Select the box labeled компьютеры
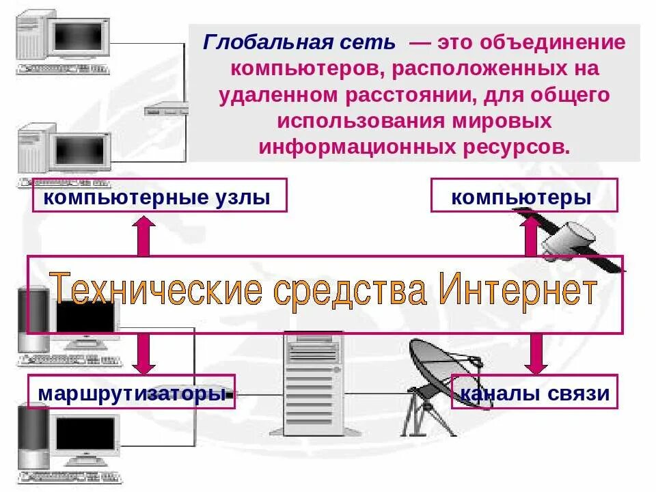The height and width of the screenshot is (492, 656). pyautogui.click(x=523, y=197)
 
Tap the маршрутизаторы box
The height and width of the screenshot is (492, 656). pyautogui.click(x=131, y=393)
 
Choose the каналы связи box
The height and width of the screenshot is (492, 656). pyautogui.click(x=535, y=393)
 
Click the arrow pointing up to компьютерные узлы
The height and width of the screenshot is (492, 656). pyautogui.click(x=143, y=236)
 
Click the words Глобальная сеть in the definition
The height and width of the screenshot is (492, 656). pyautogui.click(x=299, y=43)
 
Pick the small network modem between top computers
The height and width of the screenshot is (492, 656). pyautogui.click(x=165, y=109)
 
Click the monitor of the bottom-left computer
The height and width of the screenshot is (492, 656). pyautogui.click(x=85, y=434)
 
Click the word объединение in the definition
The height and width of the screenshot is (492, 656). pyautogui.click(x=552, y=43)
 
